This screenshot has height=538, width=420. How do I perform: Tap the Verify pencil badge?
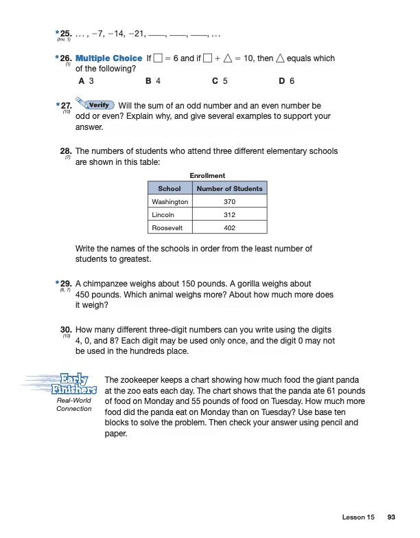[97, 105]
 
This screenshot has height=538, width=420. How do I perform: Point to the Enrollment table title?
[207, 176]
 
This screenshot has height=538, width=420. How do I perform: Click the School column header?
[170, 188]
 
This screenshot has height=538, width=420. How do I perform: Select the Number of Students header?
[229, 188]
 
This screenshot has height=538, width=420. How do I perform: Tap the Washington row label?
[170, 202]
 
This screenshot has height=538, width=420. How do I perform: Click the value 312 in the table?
[229, 214]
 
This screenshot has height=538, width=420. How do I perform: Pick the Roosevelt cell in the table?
[169, 227]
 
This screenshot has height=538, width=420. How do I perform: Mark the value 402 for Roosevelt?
[229, 227]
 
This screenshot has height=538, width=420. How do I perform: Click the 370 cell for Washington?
[229, 202]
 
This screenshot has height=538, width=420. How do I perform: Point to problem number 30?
[67, 330]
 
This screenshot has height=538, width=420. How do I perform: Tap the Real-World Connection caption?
[74, 405]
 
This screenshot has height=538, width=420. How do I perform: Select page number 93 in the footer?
[392, 517]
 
